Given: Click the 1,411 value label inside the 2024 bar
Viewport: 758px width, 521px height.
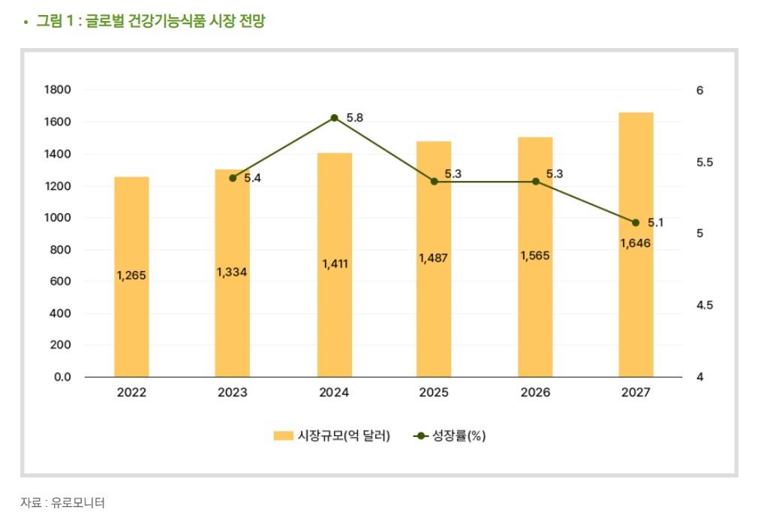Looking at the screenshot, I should (x=335, y=264).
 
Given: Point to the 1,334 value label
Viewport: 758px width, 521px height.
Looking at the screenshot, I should (x=232, y=272).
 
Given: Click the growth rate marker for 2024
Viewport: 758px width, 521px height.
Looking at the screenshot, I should (x=335, y=118).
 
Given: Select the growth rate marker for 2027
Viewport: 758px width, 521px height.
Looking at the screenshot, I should (x=636, y=222).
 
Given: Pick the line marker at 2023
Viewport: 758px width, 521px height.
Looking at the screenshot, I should (x=233, y=178).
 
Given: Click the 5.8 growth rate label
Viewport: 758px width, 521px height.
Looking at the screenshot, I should (x=354, y=118).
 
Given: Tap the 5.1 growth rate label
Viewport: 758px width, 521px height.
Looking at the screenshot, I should (x=655, y=222).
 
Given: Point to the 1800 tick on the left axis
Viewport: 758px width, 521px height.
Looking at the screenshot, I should (x=58, y=90).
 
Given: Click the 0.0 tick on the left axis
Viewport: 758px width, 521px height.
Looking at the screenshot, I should (x=62, y=377).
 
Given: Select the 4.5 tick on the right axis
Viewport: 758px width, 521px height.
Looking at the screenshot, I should (x=704, y=306).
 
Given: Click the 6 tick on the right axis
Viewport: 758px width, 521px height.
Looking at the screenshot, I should (x=699, y=90).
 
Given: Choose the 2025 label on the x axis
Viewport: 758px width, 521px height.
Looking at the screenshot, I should (x=434, y=393).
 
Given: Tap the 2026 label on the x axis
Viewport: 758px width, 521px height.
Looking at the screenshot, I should (x=535, y=393).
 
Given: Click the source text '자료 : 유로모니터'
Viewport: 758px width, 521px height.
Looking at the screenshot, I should (x=62, y=502).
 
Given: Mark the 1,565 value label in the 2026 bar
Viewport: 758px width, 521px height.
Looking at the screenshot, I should (x=535, y=255).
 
